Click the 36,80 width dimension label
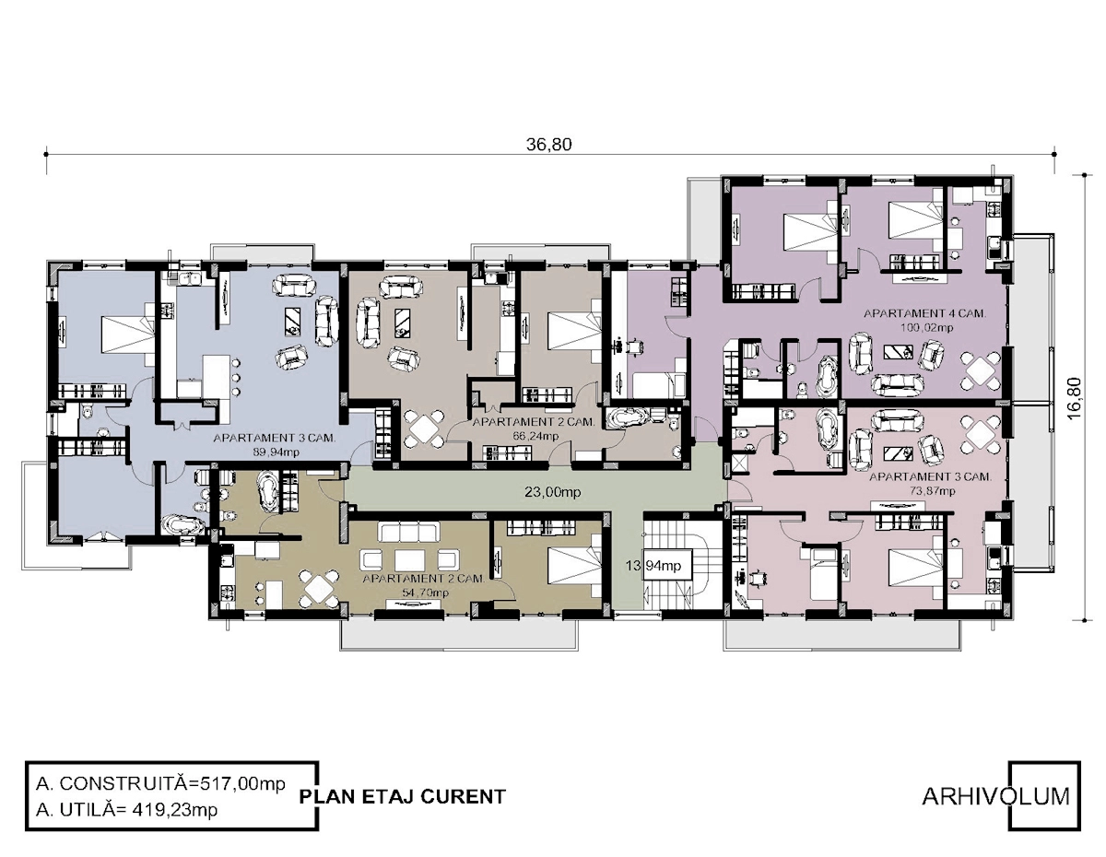pyautogui.click(x=548, y=145)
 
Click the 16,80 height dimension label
pyautogui.click(x=1076, y=398)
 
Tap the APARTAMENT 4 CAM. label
pyautogui.click(x=924, y=313)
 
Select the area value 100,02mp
pyautogui.click(x=926, y=328)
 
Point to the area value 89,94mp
pyautogui.click(x=276, y=452)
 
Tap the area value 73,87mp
pyautogui.click(x=932, y=490)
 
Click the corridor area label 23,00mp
pyautogui.click(x=552, y=491)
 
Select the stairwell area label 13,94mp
pyautogui.click(x=653, y=566)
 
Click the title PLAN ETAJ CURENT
pyautogui.click(x=402, y=796)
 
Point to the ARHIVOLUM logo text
pyautogui.click(x=995, y=796)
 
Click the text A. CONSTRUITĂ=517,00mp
pyautogui.click(x=160, y=783)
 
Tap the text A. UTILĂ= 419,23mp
pyautogui.click(x=126, y=809)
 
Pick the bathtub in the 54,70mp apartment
pyautogui.click(x=267, y=491)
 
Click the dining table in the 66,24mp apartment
pyautogui.click(x=423, y=428)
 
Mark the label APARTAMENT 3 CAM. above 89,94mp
pyautogui.click(x=275, y=438)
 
